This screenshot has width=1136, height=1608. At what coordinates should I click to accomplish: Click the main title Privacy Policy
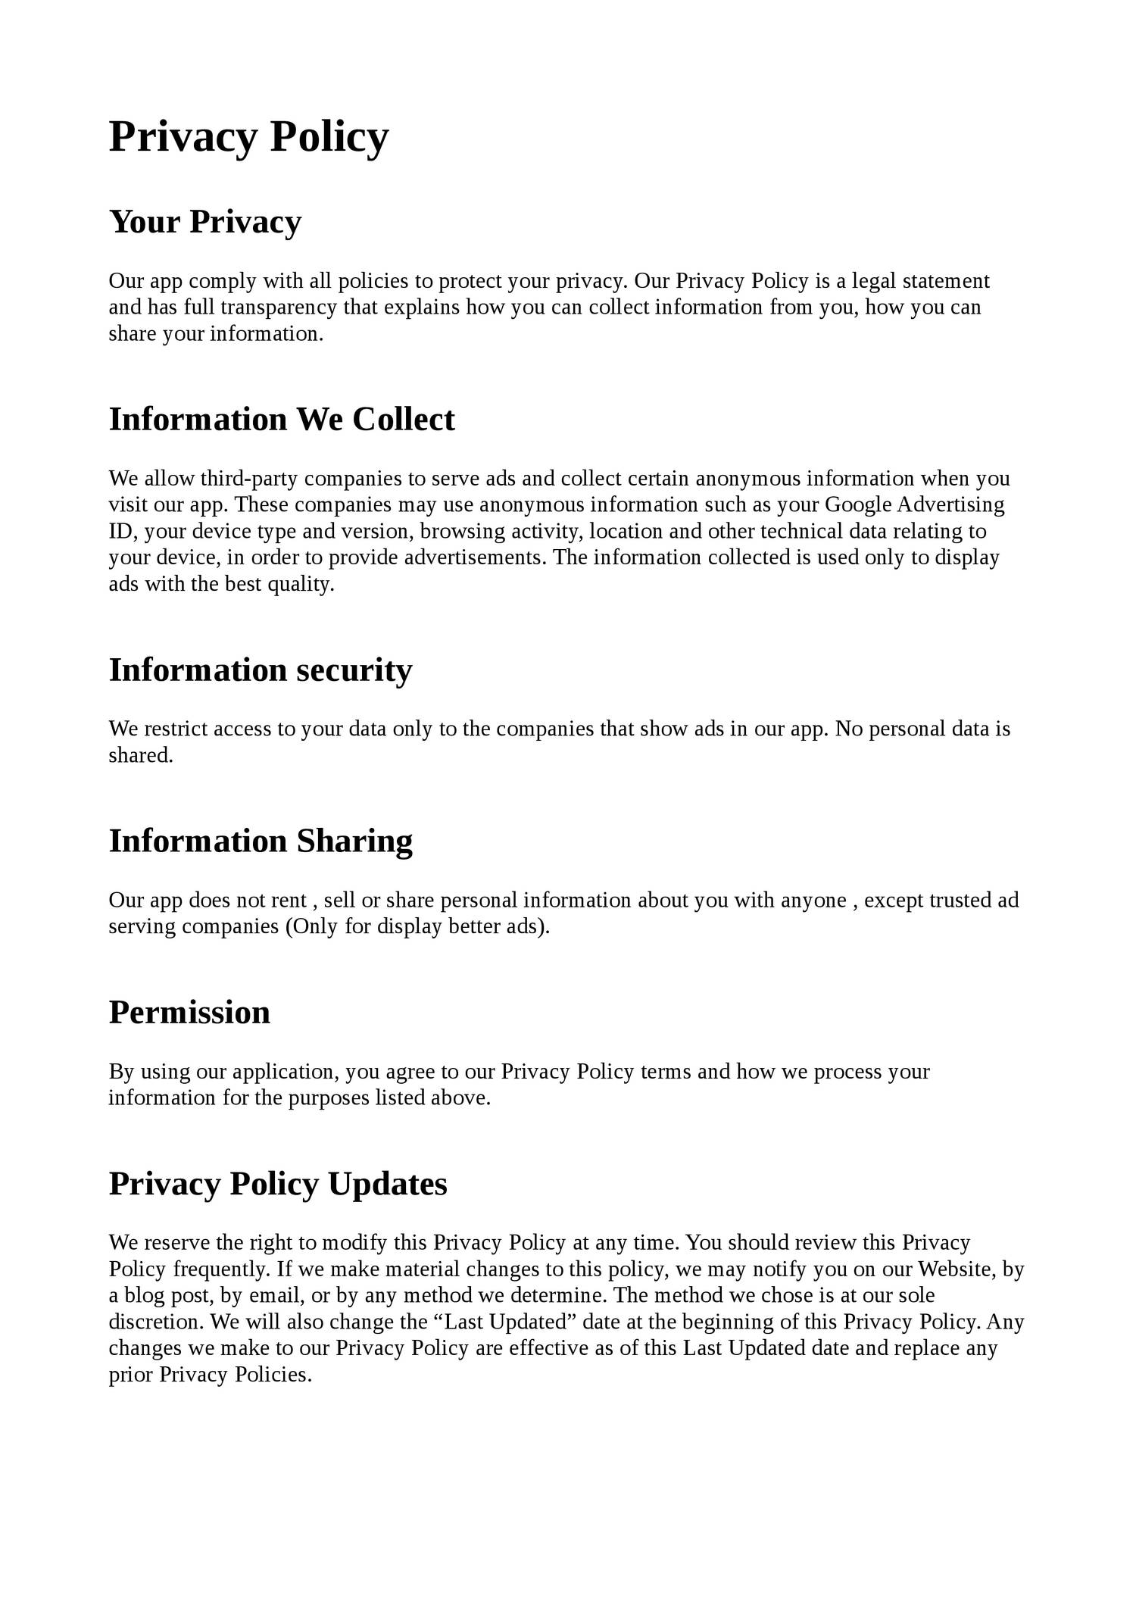(x=248, y=136)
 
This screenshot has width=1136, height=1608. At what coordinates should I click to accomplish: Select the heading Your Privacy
(x=205, y=222)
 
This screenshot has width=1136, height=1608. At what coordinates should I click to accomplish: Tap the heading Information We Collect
(x=282, y=420)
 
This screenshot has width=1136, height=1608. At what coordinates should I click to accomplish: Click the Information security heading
(x=261, y=670)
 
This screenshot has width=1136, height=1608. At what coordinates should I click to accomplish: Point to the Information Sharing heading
(x=261, y=841)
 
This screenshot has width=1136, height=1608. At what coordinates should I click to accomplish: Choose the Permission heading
(x=189, y=1013)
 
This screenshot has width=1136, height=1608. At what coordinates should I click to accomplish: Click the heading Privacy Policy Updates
(x=278, y=1184)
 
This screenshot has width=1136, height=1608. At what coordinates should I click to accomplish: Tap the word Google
(x=858, y=505)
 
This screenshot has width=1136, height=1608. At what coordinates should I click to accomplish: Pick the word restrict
(x=176, y=729)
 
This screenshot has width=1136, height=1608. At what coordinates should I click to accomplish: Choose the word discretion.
(x=156, y=1322)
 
